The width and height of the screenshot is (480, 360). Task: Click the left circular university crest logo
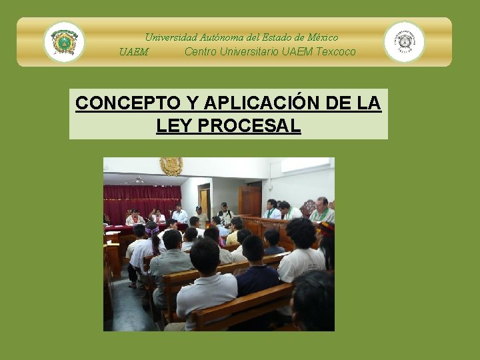pos(64,42)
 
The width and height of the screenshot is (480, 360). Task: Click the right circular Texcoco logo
pos(404,42)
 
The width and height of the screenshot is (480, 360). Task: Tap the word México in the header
pos(318,37)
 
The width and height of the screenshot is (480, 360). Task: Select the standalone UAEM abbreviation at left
pos(133,52)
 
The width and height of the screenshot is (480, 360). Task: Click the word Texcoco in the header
pos(336,52)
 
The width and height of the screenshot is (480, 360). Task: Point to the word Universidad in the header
pos(171,37)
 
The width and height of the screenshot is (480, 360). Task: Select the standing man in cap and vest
pos(225,215)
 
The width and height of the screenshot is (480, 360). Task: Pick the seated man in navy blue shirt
pos(257,267)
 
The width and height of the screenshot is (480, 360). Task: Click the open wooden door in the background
pos(251,200)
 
